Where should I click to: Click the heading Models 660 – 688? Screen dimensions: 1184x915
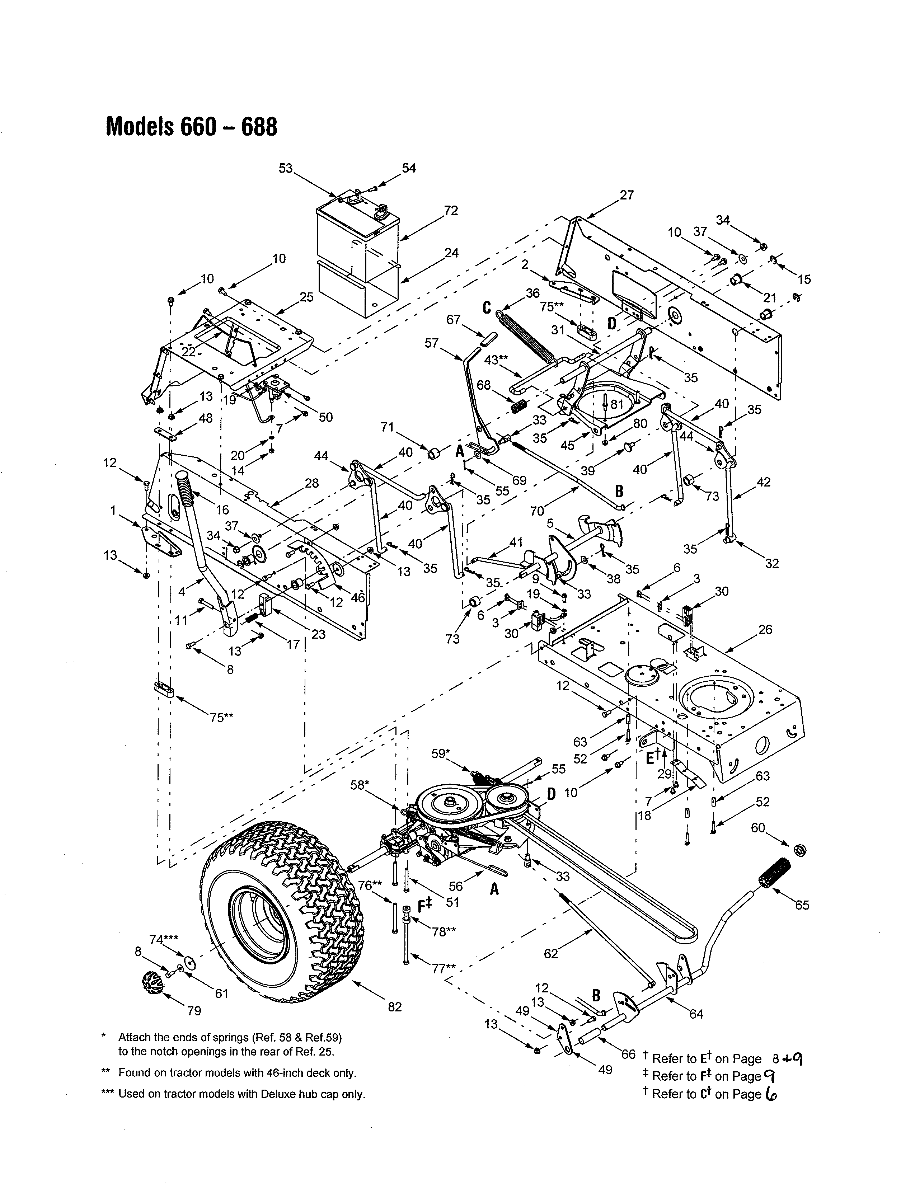click(x=191, y=127)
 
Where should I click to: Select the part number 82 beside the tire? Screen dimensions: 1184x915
click(x=395, y=1007)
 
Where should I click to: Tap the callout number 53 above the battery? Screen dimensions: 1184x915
click(x=286, y=169)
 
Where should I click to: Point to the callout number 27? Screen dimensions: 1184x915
click(x=627, y=195)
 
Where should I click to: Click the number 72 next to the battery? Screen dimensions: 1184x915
click(x=451, y=210)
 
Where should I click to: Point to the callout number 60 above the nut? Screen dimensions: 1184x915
click(x=758, y=828)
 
